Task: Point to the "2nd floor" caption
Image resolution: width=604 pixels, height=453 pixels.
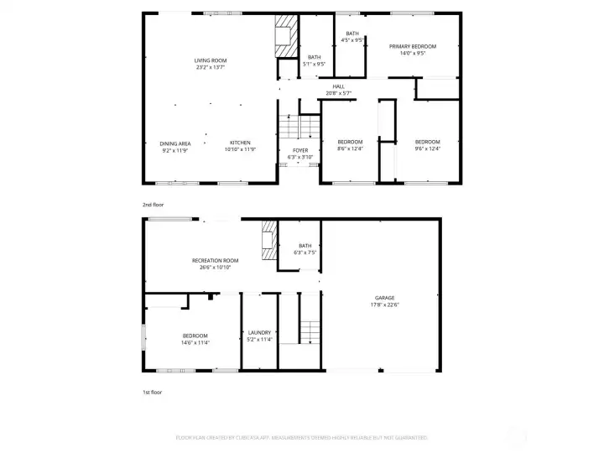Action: point(154,204)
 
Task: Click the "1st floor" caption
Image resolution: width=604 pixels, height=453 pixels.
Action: point(153,392)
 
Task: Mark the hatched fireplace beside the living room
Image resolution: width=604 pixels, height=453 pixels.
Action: point(286,35)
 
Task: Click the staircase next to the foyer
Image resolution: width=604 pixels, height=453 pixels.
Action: point(299,128)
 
